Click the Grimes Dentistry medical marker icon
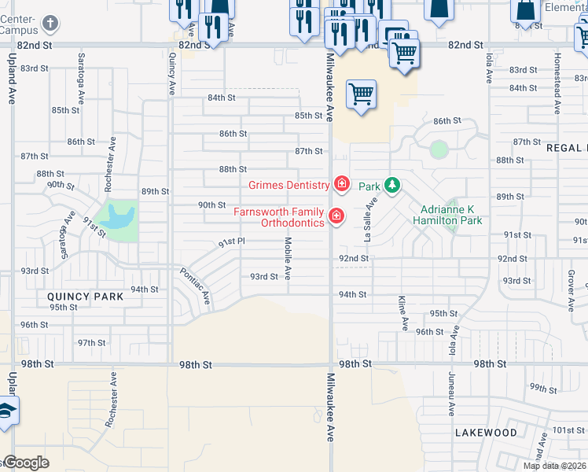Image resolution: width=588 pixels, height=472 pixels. [341, 184]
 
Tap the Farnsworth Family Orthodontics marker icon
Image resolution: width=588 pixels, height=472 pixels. [336, 215]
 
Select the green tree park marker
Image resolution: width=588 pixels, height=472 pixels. [391, 186]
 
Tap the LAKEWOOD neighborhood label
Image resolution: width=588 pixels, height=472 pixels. [486, 433]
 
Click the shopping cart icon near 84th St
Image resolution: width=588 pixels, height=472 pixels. [361, 95]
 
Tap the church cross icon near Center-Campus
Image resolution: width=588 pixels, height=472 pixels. [50, 23]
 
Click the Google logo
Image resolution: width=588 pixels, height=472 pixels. [26, 463]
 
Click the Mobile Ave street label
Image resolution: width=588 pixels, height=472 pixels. [288, 259]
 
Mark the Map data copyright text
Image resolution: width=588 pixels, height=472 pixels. [553, 466]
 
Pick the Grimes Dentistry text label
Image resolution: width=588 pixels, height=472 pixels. [288, 186]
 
